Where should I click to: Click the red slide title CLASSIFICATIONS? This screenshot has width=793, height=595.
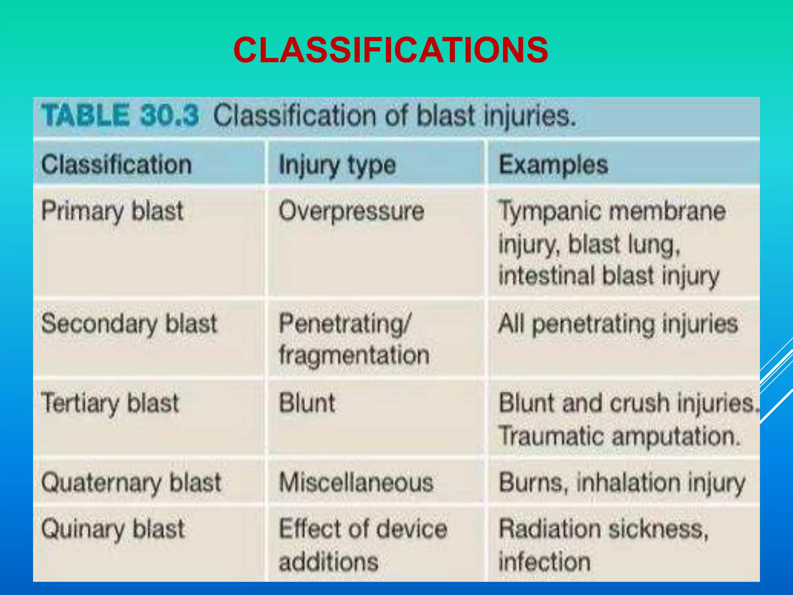tap(391, 50)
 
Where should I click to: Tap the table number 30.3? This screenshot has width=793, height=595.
tap(170, 115)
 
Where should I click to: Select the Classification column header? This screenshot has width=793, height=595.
tap(117, 165)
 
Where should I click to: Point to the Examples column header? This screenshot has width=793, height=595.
tap(553, 165)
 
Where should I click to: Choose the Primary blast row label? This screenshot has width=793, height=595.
tap(112, 212)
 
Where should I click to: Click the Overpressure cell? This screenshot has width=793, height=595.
tap(352, 212)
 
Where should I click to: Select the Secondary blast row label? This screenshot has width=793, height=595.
tap(129, 324)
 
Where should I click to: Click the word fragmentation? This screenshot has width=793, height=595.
tap(354, 355)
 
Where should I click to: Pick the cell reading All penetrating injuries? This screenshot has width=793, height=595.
tap(618, 324)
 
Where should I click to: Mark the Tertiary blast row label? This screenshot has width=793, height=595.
tap(110, 403)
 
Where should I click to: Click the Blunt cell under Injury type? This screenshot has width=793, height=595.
tap(307, 403)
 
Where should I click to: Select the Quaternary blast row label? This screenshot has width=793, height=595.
tap(131, 483)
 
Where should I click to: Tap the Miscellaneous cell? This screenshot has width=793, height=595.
tap(356, 483)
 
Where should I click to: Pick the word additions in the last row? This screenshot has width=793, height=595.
tap(328, 562)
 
